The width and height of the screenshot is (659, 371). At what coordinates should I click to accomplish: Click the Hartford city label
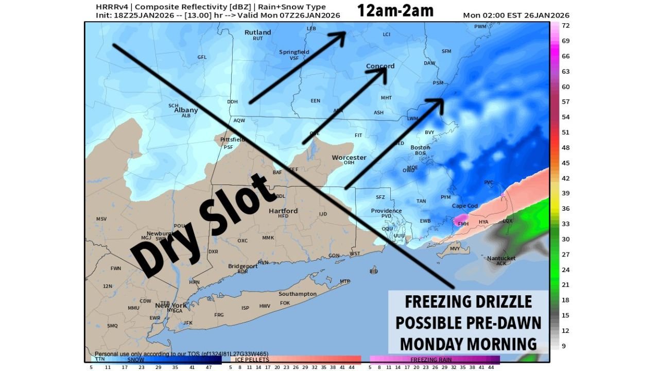tap(283, 211)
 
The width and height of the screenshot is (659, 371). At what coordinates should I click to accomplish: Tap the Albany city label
tap(186, 110)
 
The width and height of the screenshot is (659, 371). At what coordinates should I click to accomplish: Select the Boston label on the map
tap(420, 147)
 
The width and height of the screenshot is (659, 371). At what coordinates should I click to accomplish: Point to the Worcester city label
tap(349, 157)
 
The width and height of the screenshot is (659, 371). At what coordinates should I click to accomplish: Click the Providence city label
tap(386, 211)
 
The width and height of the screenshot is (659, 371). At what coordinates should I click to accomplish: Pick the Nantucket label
tap(501, 258)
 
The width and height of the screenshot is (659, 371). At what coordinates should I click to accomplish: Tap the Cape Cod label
tap(465, 206)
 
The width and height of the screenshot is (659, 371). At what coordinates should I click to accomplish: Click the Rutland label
tap(257, 32)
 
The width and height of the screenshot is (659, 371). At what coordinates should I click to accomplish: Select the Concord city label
tap(380, 66)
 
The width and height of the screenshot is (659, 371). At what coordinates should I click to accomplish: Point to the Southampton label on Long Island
tap(298, 294)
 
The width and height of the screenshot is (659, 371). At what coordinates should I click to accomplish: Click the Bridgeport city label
tap(243, 266)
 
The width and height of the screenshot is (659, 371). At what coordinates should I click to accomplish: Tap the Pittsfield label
tap(228, 140)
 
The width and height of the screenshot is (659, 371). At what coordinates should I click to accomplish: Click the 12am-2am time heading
tap(396, 11)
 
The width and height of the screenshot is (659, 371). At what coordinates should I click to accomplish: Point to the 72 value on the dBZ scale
tap(565, 25)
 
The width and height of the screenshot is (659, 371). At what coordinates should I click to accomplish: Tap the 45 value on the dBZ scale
tap(565, 163)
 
